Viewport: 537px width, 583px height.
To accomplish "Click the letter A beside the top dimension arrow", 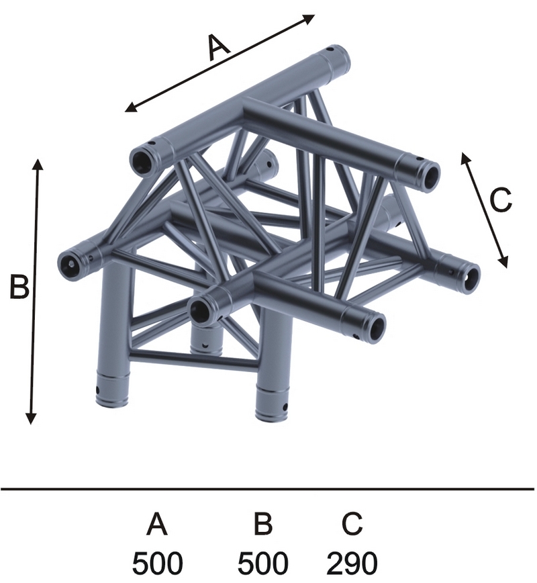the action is (x=219, y=47).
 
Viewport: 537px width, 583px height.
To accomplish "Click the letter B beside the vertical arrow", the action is (x=19, y=286).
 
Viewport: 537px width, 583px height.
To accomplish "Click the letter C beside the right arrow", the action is (x=501, y=200).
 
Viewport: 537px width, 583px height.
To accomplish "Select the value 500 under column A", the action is (x=157, y=564).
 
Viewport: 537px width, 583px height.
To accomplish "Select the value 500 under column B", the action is (x=262, y=564).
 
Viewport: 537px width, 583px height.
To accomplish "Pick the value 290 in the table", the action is (x=352, y=564).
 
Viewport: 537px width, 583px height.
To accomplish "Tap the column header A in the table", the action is (x=157, y=523).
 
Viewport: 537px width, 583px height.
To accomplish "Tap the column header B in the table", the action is (x=263, y=523).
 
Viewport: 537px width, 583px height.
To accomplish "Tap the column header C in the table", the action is (x=352, y=523).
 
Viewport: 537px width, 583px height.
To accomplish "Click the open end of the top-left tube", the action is (x=142, y=161).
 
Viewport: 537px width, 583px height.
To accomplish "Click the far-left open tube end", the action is (x=71, y=264).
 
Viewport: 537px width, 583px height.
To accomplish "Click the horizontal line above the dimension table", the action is (x=268, y=488).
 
